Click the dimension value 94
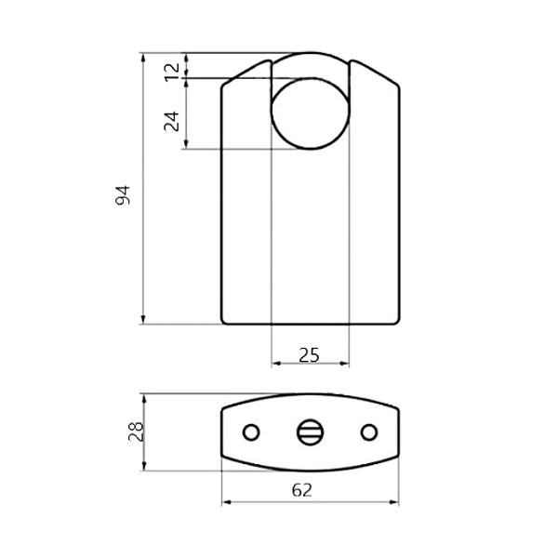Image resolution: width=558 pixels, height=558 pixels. [123, 195]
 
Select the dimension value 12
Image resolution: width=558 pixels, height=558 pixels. [173, 73]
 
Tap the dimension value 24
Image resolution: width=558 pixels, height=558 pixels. [171, 121]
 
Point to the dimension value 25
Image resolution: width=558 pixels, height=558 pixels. [310, 355]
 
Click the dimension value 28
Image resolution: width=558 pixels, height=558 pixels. [136, 432]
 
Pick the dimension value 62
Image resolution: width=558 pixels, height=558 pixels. [302, 490]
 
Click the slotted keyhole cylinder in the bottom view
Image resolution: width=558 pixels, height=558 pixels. [310, 432]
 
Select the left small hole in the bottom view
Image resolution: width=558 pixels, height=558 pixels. [251, 432]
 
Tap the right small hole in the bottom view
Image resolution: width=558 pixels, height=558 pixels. [369, 432]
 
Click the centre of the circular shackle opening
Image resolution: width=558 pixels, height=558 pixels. [311, 113]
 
